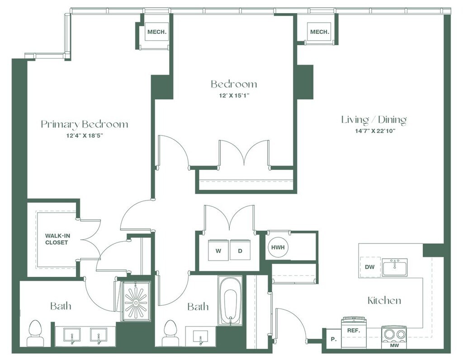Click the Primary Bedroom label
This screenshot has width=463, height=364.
[x=85, y=124]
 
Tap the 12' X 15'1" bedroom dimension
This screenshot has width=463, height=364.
[x=234, y=95]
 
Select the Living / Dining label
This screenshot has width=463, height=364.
[x=373, y=120]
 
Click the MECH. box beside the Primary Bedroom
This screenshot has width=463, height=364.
[x=156, y=32]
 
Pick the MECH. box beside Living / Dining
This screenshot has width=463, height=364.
[x=319, y=32]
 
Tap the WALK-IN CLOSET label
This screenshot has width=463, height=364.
[x=57, y=239]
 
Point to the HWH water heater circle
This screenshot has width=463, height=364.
[x=277, y=247]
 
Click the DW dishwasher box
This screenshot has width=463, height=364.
[x=370, y=267]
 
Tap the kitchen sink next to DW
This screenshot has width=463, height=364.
[x=394, y=267]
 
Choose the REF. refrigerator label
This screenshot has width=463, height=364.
[x=353, y=330]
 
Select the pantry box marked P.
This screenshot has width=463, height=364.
[x=333, y=338]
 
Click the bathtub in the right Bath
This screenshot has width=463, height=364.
[x=230, y=300]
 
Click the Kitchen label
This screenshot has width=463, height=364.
[x=384, y=301]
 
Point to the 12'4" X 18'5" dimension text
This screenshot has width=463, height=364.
[x=85, y=136]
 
